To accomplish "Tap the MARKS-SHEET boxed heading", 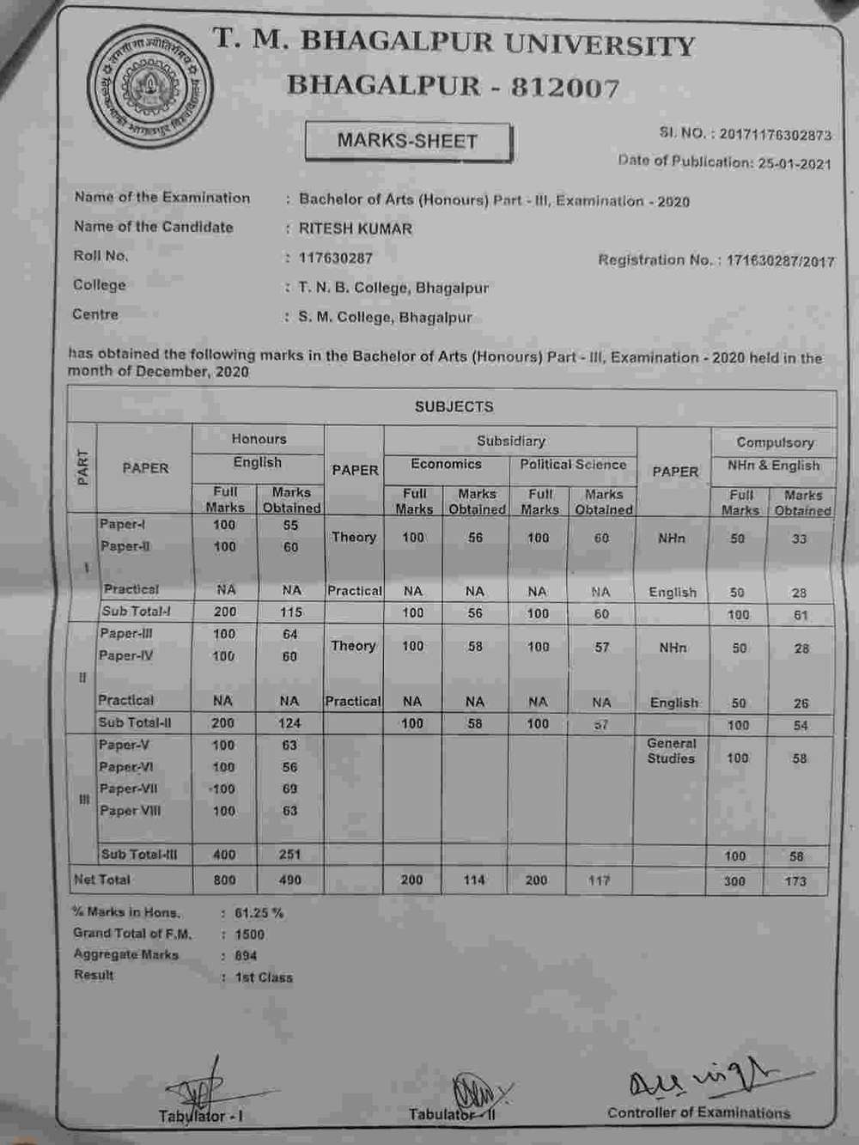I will click(x=407, y=142).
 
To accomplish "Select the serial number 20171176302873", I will click(x=775, y=135).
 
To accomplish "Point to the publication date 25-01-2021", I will click(x=795, y=163).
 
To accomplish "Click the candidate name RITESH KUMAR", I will click(x=356, y=229).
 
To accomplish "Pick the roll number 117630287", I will click(x=335, y=258).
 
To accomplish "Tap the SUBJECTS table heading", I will click(x=454, y=407).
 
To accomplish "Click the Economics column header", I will click(x=446, y=465).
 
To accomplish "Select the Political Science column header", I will click(x=573, y=465).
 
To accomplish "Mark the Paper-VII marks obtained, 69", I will click(x=290, y=789).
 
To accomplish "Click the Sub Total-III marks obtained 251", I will click(x=290, y=855).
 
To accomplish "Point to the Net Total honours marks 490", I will click(x=290, y=880).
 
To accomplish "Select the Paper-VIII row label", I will click(x=130, y=811).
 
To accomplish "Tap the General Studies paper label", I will click(x=672, y=751).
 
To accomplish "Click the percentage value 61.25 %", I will click(x=259, y=913).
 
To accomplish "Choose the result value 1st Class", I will click(x=264, y=978).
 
